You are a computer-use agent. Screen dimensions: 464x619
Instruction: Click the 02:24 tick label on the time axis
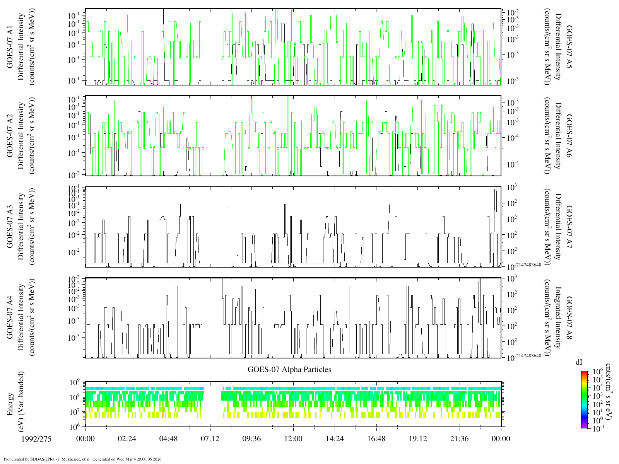[x=127, y=438]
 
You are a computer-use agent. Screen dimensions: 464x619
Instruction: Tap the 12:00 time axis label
[x=293, y=438]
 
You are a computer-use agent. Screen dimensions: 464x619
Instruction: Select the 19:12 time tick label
[x=418, y=438]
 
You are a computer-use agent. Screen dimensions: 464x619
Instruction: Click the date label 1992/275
[x=37, y=438]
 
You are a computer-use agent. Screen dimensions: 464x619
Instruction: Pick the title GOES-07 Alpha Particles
[x=289, y=369]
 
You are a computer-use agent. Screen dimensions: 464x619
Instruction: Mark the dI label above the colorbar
[x=579, y=362]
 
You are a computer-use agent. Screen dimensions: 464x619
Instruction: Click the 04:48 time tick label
[x=168, y=438]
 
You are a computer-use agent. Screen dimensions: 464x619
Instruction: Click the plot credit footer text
[x=82, y=459]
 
